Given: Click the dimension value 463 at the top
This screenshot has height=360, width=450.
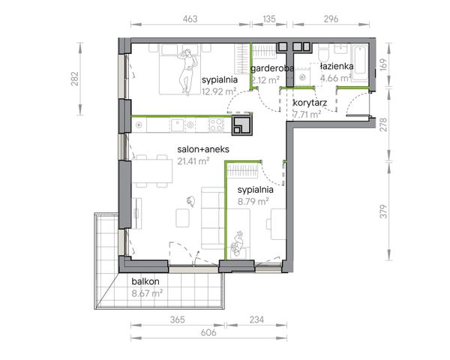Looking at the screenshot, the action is pos(190,19).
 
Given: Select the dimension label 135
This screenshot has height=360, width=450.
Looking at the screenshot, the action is pos(269,19).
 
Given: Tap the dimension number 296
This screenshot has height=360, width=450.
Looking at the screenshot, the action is pos(331,19).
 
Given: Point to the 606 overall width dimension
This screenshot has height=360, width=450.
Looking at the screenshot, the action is pos(208,332).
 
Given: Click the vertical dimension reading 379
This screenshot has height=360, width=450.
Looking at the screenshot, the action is pos(383,211).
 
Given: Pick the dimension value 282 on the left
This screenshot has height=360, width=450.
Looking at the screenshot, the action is pos(74,79).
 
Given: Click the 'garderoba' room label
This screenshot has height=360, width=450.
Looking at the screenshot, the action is pos(272,68).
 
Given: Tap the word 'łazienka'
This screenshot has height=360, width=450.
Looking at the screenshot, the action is pos(337,66).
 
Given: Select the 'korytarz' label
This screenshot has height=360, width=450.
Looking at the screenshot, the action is pos(310,103).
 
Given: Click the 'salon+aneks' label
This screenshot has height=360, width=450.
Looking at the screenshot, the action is pos(203,149).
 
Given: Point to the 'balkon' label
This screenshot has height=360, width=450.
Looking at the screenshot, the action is pos(145,281).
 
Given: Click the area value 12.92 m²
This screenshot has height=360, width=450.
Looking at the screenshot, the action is pos(219,91).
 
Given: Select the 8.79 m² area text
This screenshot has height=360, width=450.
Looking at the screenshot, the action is pos(253,201).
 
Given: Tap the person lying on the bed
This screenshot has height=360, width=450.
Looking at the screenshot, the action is pos(187,72).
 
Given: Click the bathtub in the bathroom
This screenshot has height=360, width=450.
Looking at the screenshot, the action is pos(359,62).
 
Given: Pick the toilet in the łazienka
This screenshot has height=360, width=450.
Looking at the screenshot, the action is pos(325,53).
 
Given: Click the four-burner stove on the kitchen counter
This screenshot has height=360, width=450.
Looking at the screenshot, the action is pos(217,125).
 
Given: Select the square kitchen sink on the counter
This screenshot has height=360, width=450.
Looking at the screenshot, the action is pos(177,125).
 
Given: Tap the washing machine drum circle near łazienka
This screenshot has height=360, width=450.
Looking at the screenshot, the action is pos(302,77).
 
